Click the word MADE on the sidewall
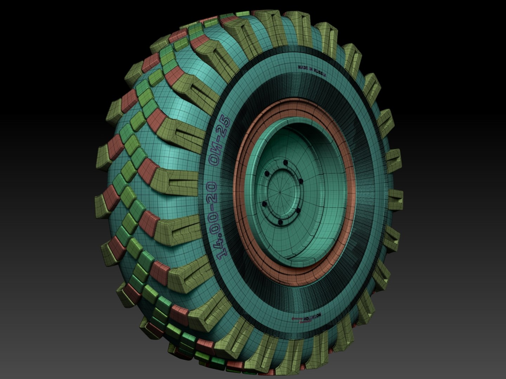303,67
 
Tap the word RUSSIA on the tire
320,73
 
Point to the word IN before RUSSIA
311,70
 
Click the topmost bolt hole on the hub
285,163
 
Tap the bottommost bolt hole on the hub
280,222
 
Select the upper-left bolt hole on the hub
267,173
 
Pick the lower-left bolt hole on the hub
264,204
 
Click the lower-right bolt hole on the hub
297,211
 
